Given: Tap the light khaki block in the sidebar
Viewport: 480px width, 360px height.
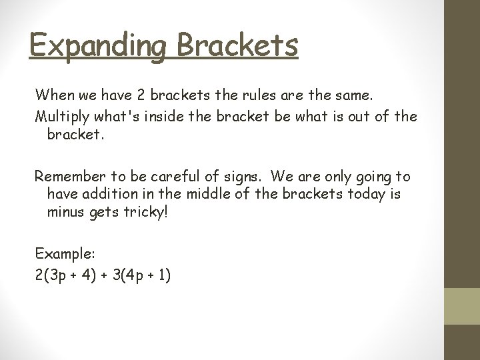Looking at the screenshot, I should [x=462, y=305].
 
